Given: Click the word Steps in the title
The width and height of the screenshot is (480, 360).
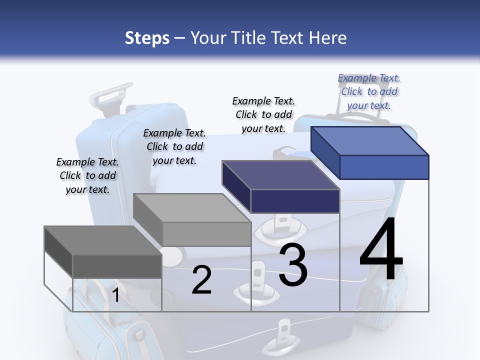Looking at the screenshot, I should tap(147, 38).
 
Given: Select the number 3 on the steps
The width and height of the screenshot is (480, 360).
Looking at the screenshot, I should tap(293, 265).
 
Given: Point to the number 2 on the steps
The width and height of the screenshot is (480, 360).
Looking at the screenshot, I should tap(202, 280).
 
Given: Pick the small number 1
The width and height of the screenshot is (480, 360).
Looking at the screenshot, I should tap(115, 295).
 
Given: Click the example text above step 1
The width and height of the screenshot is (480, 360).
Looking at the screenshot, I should tap(87, 175).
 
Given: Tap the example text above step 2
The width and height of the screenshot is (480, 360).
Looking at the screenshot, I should tap(174, 146).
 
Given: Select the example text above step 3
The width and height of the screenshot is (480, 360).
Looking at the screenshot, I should tap(263, 114).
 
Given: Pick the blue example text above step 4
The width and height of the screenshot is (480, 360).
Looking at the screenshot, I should tap(369, 91).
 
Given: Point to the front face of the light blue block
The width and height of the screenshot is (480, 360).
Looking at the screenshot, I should tap(384, 167).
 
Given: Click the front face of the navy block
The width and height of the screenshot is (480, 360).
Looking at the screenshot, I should tap(295, 201).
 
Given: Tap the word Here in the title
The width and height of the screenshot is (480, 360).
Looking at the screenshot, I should tap(328, 38).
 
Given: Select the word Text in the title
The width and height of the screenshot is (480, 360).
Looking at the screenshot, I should tap(287, 38).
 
